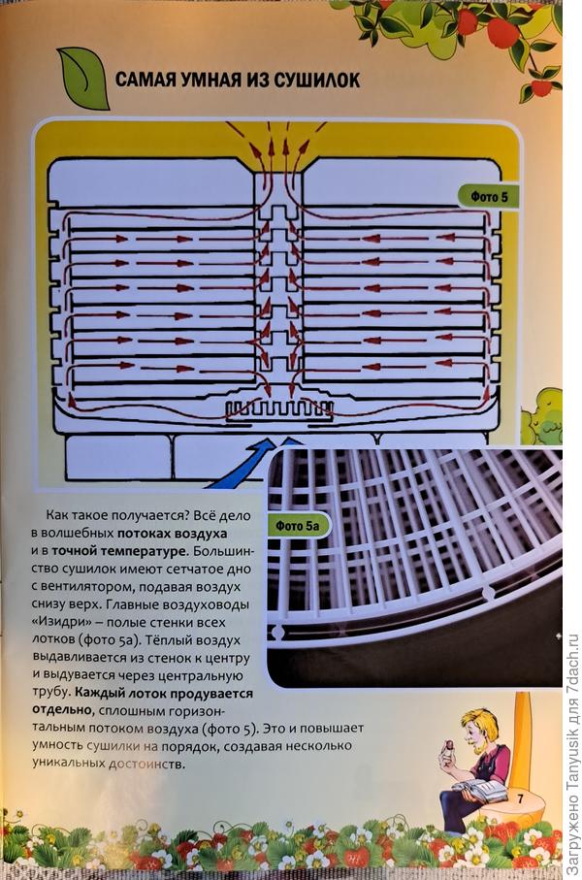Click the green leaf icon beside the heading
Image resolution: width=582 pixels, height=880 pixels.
pos(83,78)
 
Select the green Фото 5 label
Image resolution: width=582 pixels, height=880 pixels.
pos(489,197)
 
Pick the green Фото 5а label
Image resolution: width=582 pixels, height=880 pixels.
pos(297,526)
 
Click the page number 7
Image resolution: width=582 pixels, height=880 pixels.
pos(520,799)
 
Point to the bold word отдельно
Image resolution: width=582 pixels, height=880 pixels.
pos(63,710)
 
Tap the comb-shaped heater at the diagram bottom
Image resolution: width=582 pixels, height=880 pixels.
pos(279,410)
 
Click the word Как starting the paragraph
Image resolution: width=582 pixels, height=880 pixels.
pos(57,514)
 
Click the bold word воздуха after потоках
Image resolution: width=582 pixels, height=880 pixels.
pos(201,533)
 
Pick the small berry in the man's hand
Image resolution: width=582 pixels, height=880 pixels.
pos(449,746)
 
